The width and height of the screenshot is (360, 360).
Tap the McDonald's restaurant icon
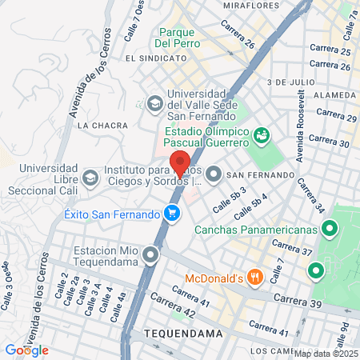(x=255, y=278)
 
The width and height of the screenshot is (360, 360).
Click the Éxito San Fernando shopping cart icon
(x=171, y=214)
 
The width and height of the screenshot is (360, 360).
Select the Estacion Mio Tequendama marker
(x=151, y=255)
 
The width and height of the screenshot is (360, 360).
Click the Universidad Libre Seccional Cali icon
(x=90, y=175)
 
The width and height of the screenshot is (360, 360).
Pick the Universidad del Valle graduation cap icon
(x=154, y=102)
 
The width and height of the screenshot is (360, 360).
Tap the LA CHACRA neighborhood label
(x=97, y=126)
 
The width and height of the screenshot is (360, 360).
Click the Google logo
(x=26, y=350)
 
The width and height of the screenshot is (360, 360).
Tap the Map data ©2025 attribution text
(x=326, y=354)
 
